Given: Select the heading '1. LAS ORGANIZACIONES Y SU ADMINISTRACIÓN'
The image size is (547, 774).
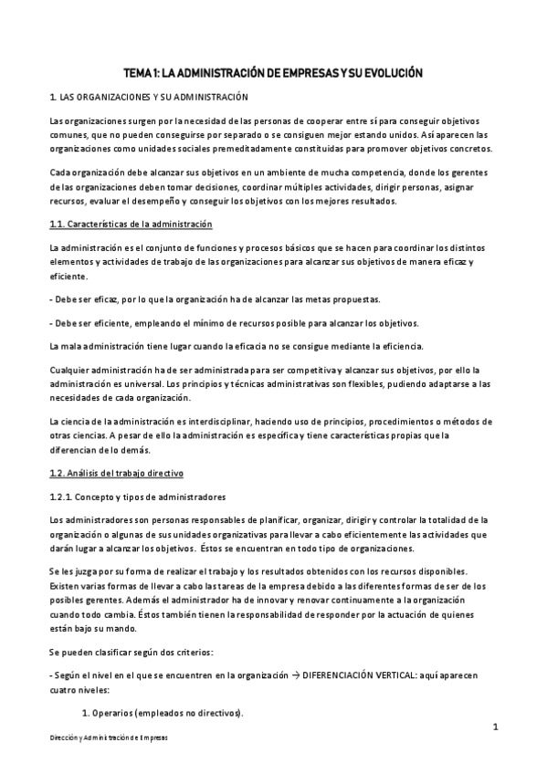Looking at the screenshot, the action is (147, 97).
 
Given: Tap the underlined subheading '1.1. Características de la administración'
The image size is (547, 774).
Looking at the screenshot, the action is (131, 224).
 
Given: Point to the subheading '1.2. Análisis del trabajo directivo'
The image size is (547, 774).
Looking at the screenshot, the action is (116, 473).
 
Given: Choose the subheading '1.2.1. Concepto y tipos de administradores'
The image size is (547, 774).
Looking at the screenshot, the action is (137, 497).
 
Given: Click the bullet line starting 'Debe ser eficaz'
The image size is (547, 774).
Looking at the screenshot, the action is (214, 299).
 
